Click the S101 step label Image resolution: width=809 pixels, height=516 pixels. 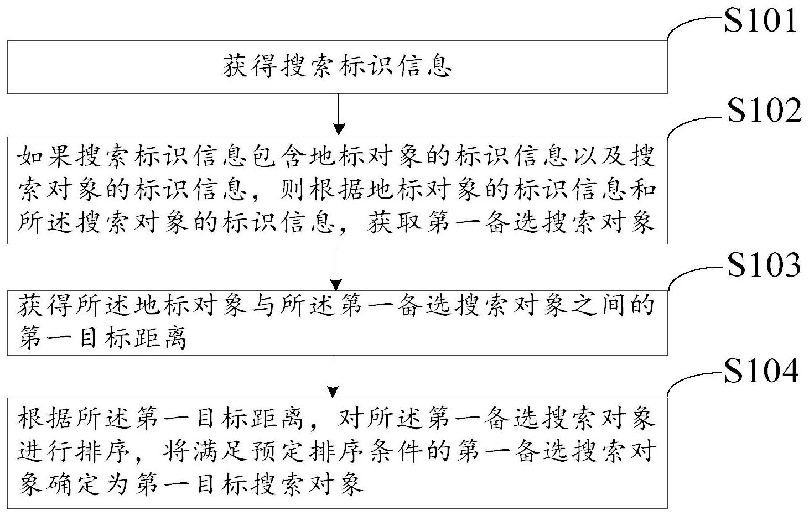[760, 20]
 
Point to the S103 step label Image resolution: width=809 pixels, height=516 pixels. [764, 264]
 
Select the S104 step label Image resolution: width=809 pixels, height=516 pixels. [761, 371]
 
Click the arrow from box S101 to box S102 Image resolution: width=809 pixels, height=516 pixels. [339, 114]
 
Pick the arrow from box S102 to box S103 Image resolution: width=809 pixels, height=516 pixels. [336, 269]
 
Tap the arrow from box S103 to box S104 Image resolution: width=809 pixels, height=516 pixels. [333, 377]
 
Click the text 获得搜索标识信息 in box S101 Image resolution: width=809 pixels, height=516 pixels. [338, 66]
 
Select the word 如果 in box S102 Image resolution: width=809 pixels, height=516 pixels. [45, 156]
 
